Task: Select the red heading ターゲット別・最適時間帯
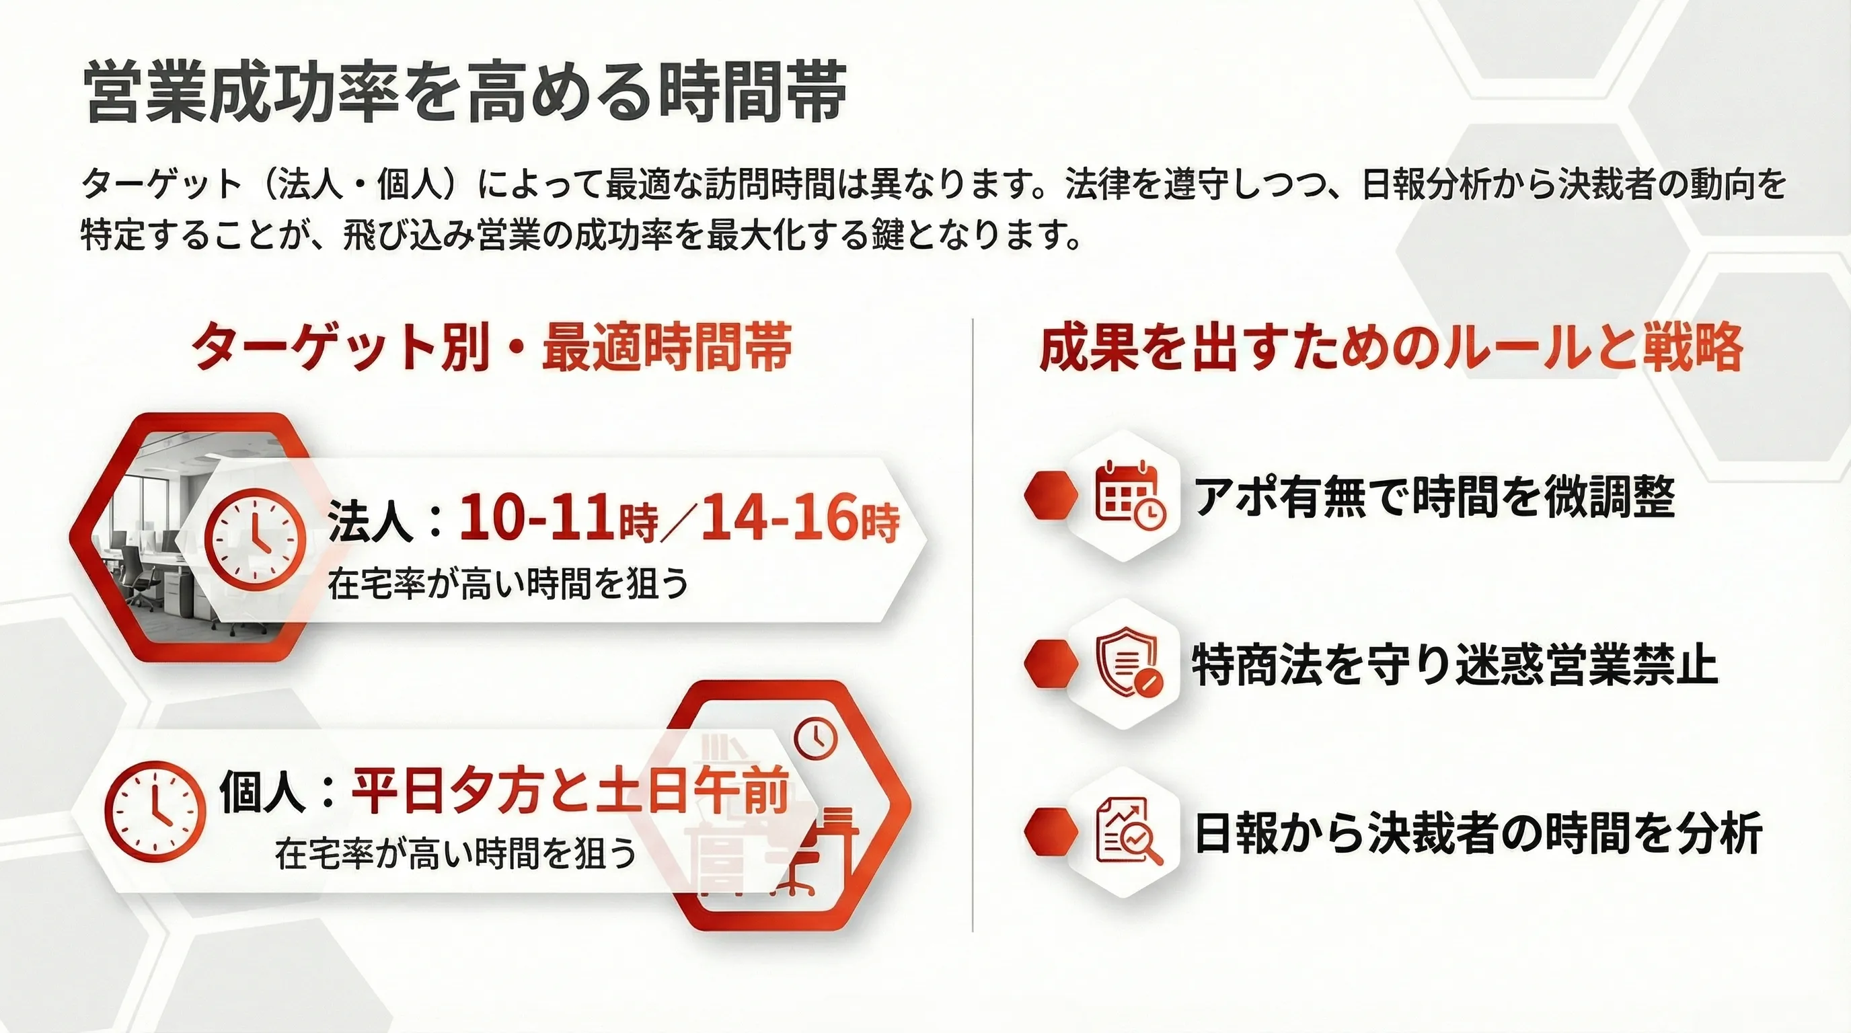tap(492, 347)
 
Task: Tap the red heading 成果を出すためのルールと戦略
tap(1391, 347)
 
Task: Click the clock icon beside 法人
tap(255, 539)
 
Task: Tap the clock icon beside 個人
tap(155, 812)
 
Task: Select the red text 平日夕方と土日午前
tap(570, 791)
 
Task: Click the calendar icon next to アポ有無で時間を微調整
tap(1130, 494)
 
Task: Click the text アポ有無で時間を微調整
tap(1434, 496)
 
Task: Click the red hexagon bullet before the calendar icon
tap(1051, 494)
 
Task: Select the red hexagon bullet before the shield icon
tap(1051, 664)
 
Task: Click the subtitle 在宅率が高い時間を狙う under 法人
tap(508, 583)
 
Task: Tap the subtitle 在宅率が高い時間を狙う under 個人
tap(455, 853)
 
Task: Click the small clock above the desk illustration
tap(817, 738)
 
